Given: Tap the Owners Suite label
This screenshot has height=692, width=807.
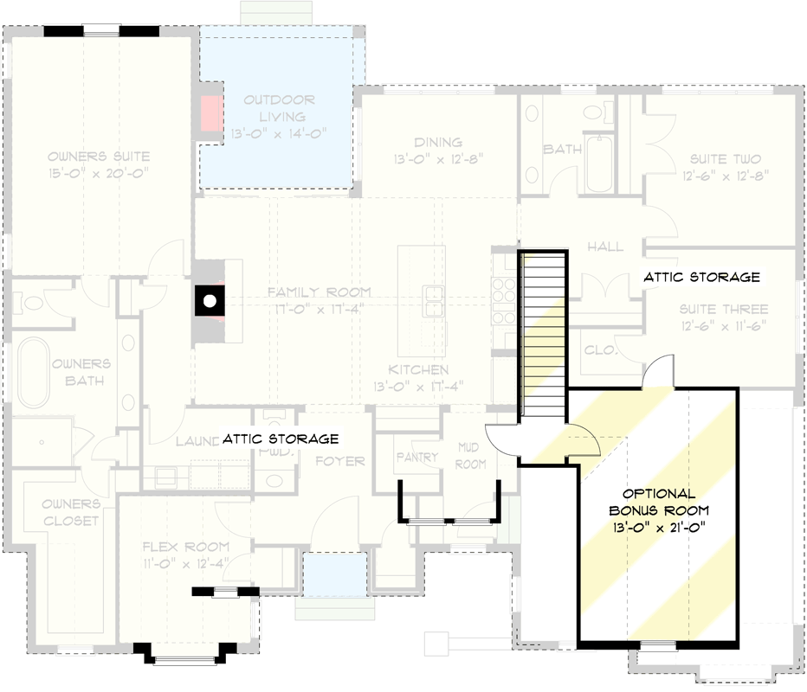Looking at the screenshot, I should pos(99,164).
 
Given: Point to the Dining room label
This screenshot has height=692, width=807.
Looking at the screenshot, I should pos(438,151).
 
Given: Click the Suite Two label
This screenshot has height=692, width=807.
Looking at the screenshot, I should pos(726,166).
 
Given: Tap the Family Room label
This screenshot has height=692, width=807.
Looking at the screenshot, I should pos(319,299).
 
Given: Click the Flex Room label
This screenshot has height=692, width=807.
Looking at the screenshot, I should pos(185,554).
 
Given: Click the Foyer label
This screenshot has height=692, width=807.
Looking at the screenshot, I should pos(339,461).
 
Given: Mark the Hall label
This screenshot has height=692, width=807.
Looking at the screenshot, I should pos(605,247).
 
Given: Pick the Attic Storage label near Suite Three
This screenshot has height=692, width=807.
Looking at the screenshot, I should pos(701,278).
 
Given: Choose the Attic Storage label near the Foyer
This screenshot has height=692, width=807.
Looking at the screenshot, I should pos(280,439).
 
